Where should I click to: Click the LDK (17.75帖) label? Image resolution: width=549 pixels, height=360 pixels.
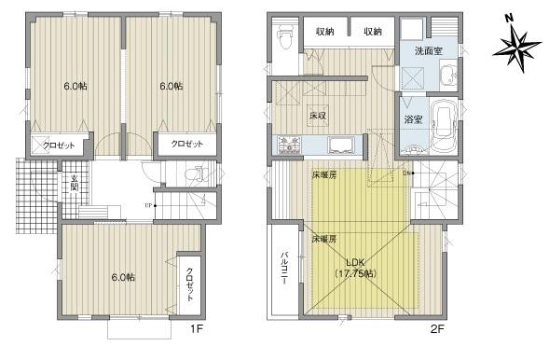pyautogui.click(x=355, y=269)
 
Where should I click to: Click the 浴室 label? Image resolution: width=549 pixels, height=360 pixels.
pyautogui.click(x=413, y=118)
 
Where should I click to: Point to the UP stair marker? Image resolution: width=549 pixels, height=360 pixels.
pyautogui.click(x=147, y=205)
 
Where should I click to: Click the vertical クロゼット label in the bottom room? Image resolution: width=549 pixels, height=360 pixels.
pyautogui.click(x=190, y=284)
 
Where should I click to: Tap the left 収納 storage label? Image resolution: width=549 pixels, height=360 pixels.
pyautogui.click(x=324, y=32)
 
